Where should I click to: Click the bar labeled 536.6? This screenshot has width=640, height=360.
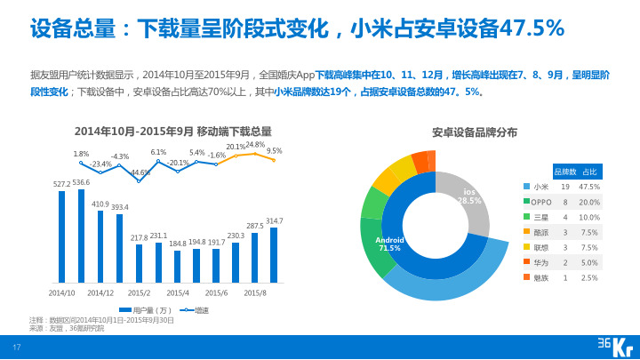coord(81,236)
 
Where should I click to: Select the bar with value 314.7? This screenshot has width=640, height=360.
coord(274,255)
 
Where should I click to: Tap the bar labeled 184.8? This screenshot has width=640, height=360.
coord(178,266)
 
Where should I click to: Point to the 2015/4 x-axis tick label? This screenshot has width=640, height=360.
coord(178,292)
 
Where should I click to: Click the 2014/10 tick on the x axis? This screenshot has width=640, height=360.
coord(61,292)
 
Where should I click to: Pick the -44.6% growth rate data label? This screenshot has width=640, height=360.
coord(140,172)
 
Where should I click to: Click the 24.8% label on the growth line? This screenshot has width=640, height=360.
coord(255,144)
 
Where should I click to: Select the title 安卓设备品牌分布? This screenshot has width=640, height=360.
coord(475,132)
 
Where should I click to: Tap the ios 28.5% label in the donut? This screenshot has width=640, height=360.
coord(469,196)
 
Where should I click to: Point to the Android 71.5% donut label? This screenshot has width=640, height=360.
coord(389,244)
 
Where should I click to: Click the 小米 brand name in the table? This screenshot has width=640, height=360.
coord(540,187)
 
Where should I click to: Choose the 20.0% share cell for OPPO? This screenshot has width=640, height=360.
coord(588,202)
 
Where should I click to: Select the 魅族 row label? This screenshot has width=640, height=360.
coord(540,277)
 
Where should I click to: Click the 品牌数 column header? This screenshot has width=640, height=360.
coord(565,171)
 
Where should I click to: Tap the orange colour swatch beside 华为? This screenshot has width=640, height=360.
coord(526,262)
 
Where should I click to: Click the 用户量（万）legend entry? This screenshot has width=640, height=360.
coord(143,310)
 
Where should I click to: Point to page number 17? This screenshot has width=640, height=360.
coord(16,347)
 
